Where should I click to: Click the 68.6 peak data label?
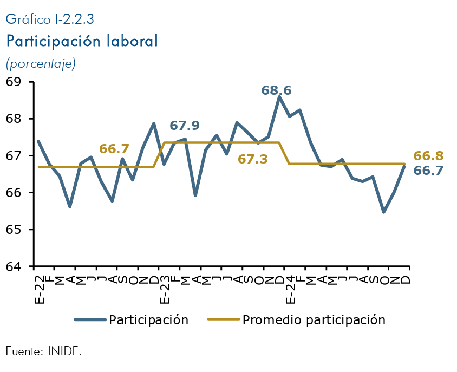click(x=280, y=90)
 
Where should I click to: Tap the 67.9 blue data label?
click(x=185, y=126)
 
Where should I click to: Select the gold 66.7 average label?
click(x=114, y=149)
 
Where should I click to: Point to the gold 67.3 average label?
click(x=253, y=159)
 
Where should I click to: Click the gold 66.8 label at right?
click(x=428, y=156)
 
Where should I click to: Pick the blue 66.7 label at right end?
click(x=428, y=171)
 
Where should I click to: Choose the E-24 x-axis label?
click(x=290, y=287)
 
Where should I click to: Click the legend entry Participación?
click(x=148, y=320)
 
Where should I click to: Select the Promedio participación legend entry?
click(x=314, y=320)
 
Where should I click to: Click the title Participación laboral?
click(x=82, y=41)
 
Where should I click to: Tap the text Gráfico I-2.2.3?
click(x=50, y=19)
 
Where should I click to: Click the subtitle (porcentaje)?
click(x=41, y=63)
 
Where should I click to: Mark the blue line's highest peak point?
click(x=279, y=97)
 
